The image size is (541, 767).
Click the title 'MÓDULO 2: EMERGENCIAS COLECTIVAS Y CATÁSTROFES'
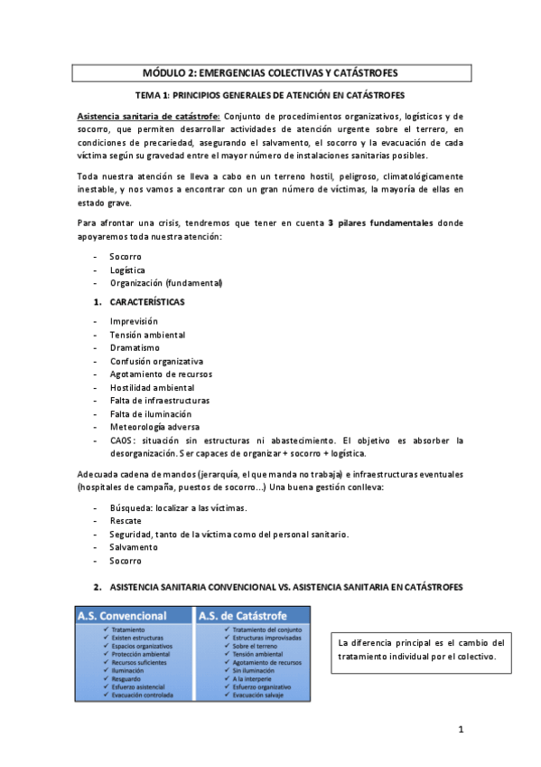point(270,71)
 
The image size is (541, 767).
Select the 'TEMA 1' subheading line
point(270,94)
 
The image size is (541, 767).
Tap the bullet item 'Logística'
point(127,270)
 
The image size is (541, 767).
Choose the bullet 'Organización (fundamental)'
point(165,283)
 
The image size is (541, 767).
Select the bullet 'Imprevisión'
point(134,321)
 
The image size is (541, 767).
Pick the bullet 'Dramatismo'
point(135,347)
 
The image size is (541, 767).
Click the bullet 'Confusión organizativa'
point(156,361)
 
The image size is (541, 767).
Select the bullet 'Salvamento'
point(134,547)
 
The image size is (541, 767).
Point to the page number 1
point(460,729)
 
